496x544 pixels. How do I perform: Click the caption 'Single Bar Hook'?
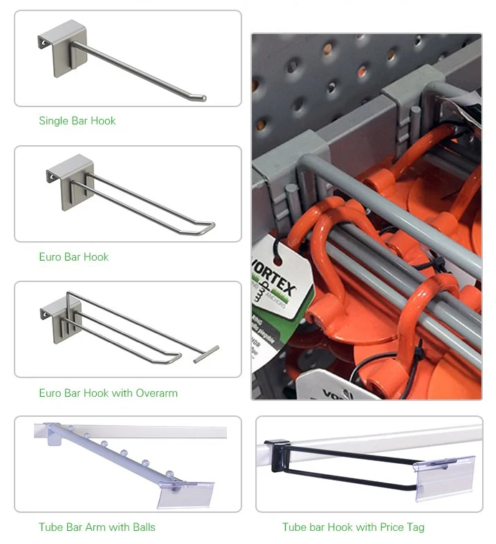[77, 121]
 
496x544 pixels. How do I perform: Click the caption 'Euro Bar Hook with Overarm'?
[108, 393]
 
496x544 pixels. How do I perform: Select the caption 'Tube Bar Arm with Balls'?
[97, 527]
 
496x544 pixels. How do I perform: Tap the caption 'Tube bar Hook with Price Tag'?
[353, 527]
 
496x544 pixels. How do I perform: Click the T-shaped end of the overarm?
[206, 355]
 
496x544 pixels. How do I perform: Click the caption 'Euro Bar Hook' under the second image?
[73, 257]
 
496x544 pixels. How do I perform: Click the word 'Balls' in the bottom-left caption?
[141, 527]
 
